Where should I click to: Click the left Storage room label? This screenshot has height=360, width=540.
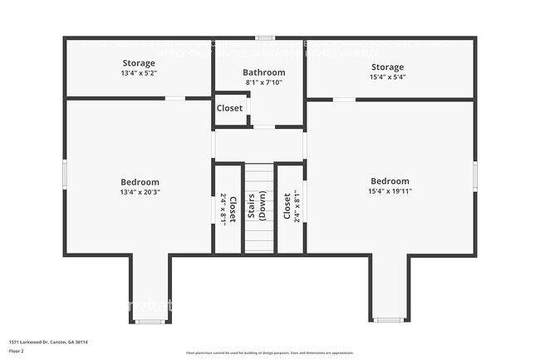click(139, 63)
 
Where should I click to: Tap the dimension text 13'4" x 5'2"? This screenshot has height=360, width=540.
click(139, 73)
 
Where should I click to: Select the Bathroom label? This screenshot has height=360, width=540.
click(264, 72)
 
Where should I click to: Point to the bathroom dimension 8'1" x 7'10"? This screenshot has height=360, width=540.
click(264, 82)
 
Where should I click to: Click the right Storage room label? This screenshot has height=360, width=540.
click(387, 67)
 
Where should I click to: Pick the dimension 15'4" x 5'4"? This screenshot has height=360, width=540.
click(387, 77)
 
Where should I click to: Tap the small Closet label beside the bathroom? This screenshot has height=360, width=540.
click(230, 108)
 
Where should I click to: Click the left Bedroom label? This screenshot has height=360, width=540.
click(140, 182)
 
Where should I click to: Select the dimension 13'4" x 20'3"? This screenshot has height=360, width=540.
click(140, 192)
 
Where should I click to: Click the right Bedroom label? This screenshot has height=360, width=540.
click(390, 181)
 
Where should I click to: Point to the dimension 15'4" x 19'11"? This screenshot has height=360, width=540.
click(390, 191)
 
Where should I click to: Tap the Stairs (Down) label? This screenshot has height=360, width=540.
click(258, 207)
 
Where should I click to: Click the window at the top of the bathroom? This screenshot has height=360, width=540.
click(265, 37)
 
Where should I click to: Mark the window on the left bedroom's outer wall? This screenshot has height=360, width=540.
click(66, 175)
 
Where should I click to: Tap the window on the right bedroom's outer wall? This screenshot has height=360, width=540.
click(474, 175)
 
